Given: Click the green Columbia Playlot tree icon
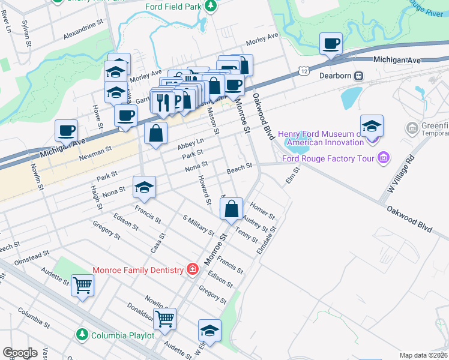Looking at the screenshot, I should point(82,334).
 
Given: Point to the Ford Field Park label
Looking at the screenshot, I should point(173,7).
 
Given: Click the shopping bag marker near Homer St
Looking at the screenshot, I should point(231,209).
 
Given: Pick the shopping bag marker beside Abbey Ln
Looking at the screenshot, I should point(155,134).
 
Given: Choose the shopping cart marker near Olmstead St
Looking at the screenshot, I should point(82,286).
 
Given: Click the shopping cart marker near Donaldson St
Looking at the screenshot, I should point(164,320).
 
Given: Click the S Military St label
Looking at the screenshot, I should point(198,225).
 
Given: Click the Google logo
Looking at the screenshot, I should point(20,353).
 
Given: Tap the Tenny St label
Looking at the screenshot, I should point(247,236).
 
